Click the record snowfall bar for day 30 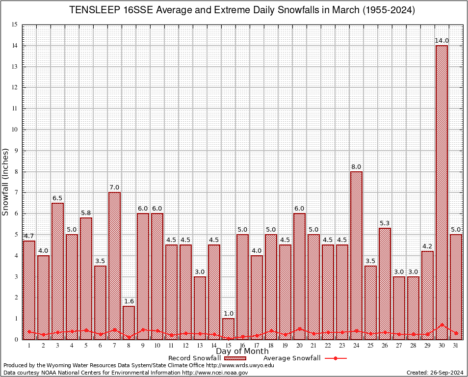442,191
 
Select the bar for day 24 356,255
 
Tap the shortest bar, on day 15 228,328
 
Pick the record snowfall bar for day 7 114,265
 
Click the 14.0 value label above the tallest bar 442,41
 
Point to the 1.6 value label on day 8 129,301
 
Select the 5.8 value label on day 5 86,213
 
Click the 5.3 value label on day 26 385,223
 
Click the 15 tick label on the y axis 14,25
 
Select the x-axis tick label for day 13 200,346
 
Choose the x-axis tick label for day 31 456,346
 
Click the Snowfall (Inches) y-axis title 6,182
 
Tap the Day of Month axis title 242,351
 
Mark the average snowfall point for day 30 442,324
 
